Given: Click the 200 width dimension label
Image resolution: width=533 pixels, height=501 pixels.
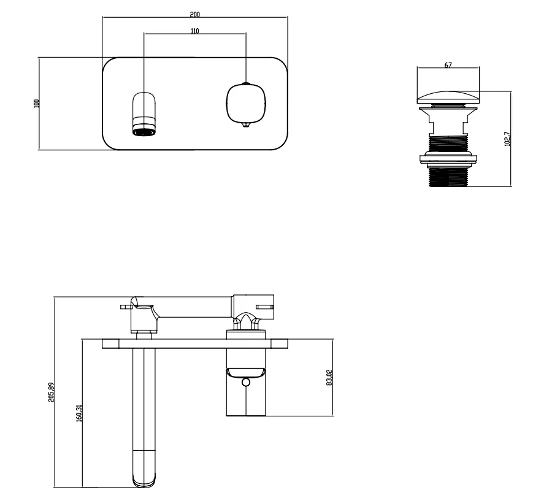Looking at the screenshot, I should (x=194, y=13).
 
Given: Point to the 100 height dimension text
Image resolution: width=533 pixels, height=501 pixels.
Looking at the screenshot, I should (x=36, y=103).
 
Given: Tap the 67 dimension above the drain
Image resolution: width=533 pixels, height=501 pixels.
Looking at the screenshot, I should (x=448, y=64).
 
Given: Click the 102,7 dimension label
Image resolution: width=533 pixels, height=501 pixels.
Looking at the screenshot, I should (x=506, y=139).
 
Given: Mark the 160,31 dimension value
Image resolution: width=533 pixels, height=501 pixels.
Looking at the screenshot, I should (x=79, y=413).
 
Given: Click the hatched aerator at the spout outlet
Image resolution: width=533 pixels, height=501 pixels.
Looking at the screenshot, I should (x=145, y=129).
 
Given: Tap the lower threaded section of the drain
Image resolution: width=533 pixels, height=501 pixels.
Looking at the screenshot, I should (x=448, y=175).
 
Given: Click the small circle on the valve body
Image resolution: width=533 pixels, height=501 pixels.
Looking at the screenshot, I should (x=246, y=383).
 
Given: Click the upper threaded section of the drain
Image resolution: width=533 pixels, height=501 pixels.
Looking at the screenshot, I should (x=448, y=144).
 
